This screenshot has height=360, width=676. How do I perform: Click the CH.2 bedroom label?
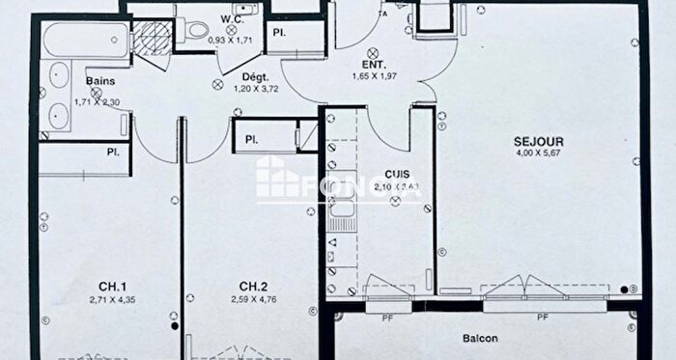(x=253, y=285)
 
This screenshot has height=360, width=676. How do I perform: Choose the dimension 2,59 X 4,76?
(x=253, y=298)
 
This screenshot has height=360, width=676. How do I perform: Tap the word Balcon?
(x=478, y=339)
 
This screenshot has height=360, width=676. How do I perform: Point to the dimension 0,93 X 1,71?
(x=230, y=42)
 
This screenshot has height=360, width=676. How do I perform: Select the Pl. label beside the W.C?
(x=279, y=34)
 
